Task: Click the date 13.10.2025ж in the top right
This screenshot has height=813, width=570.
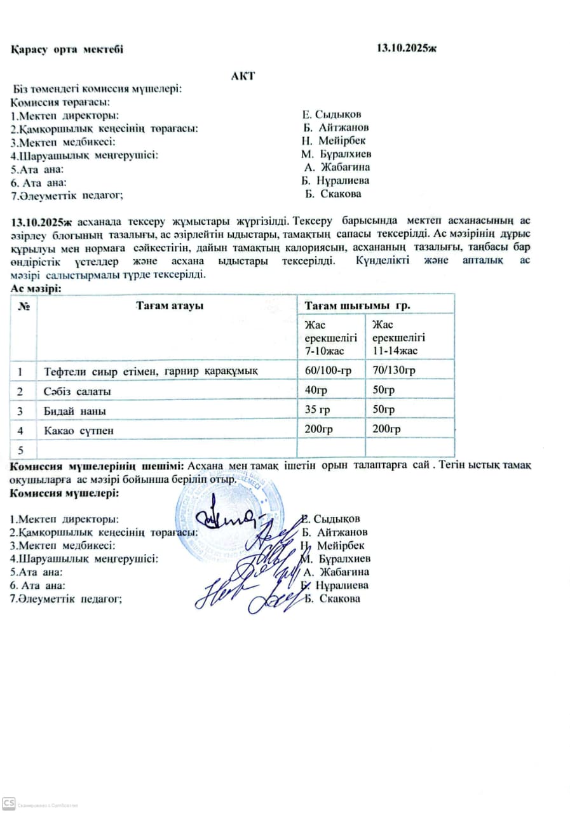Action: coord(407,48)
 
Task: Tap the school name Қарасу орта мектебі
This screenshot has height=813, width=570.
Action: coord(67,49)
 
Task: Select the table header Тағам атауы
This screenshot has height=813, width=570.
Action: coord(169,306)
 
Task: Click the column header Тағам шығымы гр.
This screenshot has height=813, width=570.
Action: coord(357,305)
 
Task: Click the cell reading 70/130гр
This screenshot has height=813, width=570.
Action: coord(394,370)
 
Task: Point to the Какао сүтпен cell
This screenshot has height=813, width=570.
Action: coord(79,431)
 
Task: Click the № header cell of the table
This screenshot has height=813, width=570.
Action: coord(25,306)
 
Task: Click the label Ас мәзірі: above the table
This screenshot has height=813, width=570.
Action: coord(36,288)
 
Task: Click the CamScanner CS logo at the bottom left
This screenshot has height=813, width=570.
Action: coord(9,804)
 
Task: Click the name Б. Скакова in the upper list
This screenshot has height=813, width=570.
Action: coord(333,194)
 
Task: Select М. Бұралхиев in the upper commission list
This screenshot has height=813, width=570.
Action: coord(337,154)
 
